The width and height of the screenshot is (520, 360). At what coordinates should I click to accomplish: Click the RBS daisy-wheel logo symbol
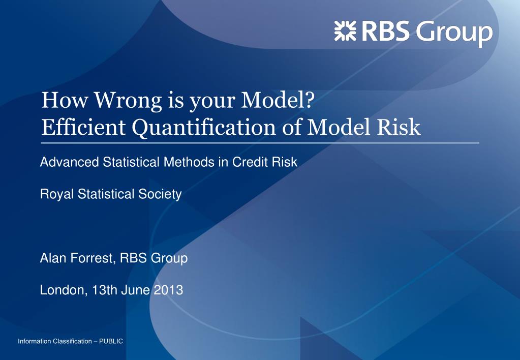click(345, 31)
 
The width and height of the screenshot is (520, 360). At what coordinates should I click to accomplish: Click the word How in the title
click(65, 100)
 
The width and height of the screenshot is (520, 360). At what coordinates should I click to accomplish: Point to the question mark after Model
click(309, 100)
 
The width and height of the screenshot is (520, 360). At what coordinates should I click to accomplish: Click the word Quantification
click(204, 128)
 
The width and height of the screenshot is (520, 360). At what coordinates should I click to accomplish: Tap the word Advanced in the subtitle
click(70, 162)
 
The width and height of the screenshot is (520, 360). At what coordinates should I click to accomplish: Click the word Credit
click(250, 162)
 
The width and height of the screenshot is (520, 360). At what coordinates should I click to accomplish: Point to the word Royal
click(57, 194)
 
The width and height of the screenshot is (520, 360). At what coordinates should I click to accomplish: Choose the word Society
click(160, 194)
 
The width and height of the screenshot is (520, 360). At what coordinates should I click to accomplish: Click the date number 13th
click(105, 290)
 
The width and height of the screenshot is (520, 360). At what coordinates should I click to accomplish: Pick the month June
click(135, 290)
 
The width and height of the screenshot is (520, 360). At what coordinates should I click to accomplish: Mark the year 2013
click(168, 290)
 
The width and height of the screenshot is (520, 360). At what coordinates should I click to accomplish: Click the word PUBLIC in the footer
click(111, 341)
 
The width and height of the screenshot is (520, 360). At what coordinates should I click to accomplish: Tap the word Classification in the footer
click(73, 341)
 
